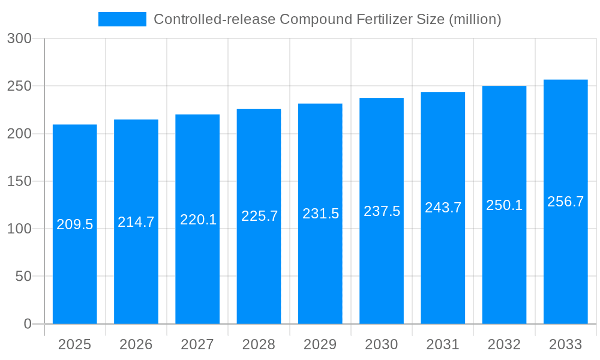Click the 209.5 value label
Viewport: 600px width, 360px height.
[x=75, y=224]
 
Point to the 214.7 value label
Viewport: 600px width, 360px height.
[x=136, y=222]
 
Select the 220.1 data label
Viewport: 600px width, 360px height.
[x=198, y=220]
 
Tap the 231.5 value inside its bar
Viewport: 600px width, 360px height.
[x=320, y=214]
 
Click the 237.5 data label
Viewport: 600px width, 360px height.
[x=382, y=211]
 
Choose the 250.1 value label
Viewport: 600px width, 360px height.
[x=504, y=205]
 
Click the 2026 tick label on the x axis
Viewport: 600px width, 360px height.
[x=136, y=344]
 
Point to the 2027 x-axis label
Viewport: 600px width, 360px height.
[x=197, y=344]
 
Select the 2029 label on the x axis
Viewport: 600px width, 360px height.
[x=320, y=344]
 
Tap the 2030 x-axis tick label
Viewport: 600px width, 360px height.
[x=382, y=344]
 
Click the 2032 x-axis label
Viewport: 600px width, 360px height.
[x=504, y=344]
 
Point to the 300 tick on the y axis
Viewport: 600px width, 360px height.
[x=19, y=38]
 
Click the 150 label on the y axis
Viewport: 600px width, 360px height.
[x=19, y=181]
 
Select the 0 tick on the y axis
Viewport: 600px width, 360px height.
[x=28, y=324]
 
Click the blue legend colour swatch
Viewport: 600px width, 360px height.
[x=122, y=19]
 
